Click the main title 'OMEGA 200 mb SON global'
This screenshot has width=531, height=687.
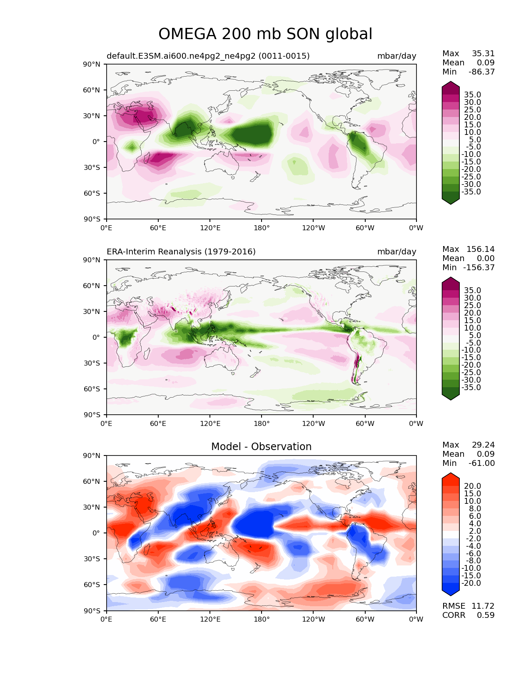265,34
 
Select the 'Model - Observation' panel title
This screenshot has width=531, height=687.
261,446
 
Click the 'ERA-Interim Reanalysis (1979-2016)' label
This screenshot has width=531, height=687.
181,251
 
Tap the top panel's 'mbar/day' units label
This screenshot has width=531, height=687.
396,56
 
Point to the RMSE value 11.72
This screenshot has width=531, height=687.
483,606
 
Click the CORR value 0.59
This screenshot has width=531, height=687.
486,615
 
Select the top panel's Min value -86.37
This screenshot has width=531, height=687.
481,72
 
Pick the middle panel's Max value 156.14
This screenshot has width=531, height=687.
480,249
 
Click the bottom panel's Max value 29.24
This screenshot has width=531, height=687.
483,445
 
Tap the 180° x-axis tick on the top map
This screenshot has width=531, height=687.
262,228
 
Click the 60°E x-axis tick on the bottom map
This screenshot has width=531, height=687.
158,619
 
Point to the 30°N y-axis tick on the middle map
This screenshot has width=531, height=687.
92,311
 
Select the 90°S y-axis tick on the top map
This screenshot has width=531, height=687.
92,219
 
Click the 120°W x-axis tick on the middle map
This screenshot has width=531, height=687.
314,423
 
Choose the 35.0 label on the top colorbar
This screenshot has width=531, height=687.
473,95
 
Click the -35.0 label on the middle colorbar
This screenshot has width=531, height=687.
471,387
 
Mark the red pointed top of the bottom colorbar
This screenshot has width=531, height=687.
451,473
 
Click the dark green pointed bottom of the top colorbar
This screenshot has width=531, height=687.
451,204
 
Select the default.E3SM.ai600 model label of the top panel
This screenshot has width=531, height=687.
208,56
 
